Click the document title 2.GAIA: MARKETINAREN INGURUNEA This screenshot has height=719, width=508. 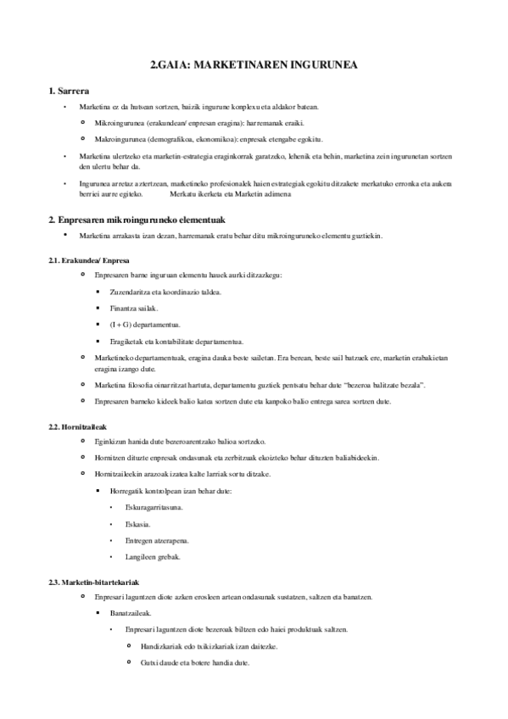click(254, 64)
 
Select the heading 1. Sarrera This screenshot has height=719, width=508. click(71, 91)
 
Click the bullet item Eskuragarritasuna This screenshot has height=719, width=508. click(154, 507)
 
